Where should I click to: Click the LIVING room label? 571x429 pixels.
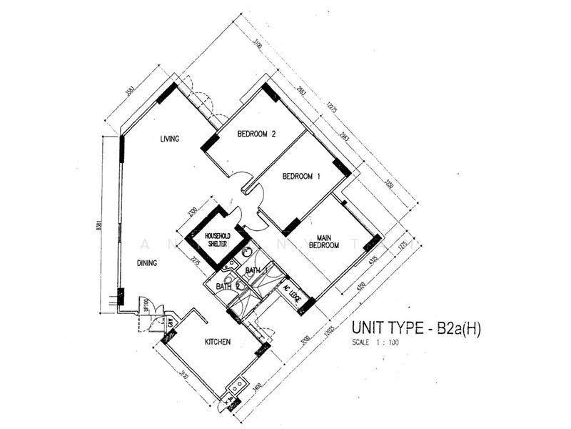coord(169,139)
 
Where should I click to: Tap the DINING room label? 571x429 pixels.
coord(146,263)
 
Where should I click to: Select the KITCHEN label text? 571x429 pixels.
coord(217,342)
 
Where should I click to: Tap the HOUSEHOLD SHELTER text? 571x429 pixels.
coord(217,239)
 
